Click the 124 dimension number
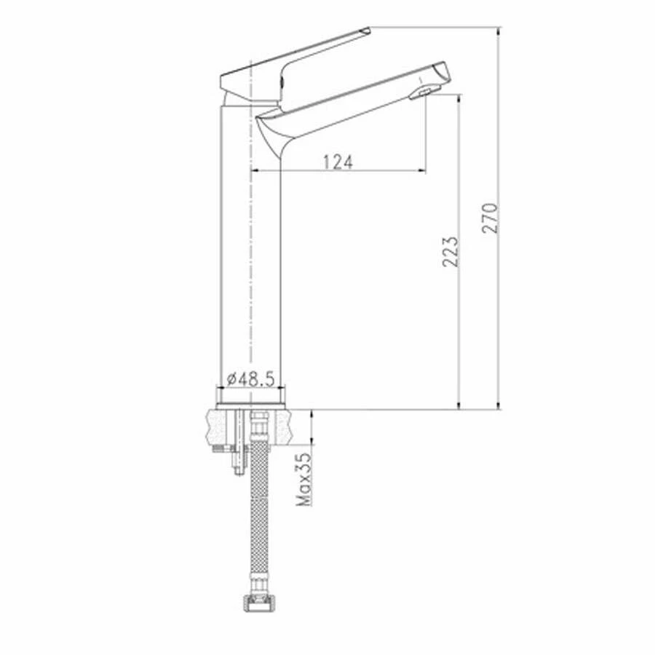[x=338, y=162]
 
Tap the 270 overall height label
[x=492, y=218]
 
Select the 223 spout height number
[x=451, y=251]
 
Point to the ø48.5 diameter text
[x=250, y=378]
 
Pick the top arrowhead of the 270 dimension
[x=499, y=32]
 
